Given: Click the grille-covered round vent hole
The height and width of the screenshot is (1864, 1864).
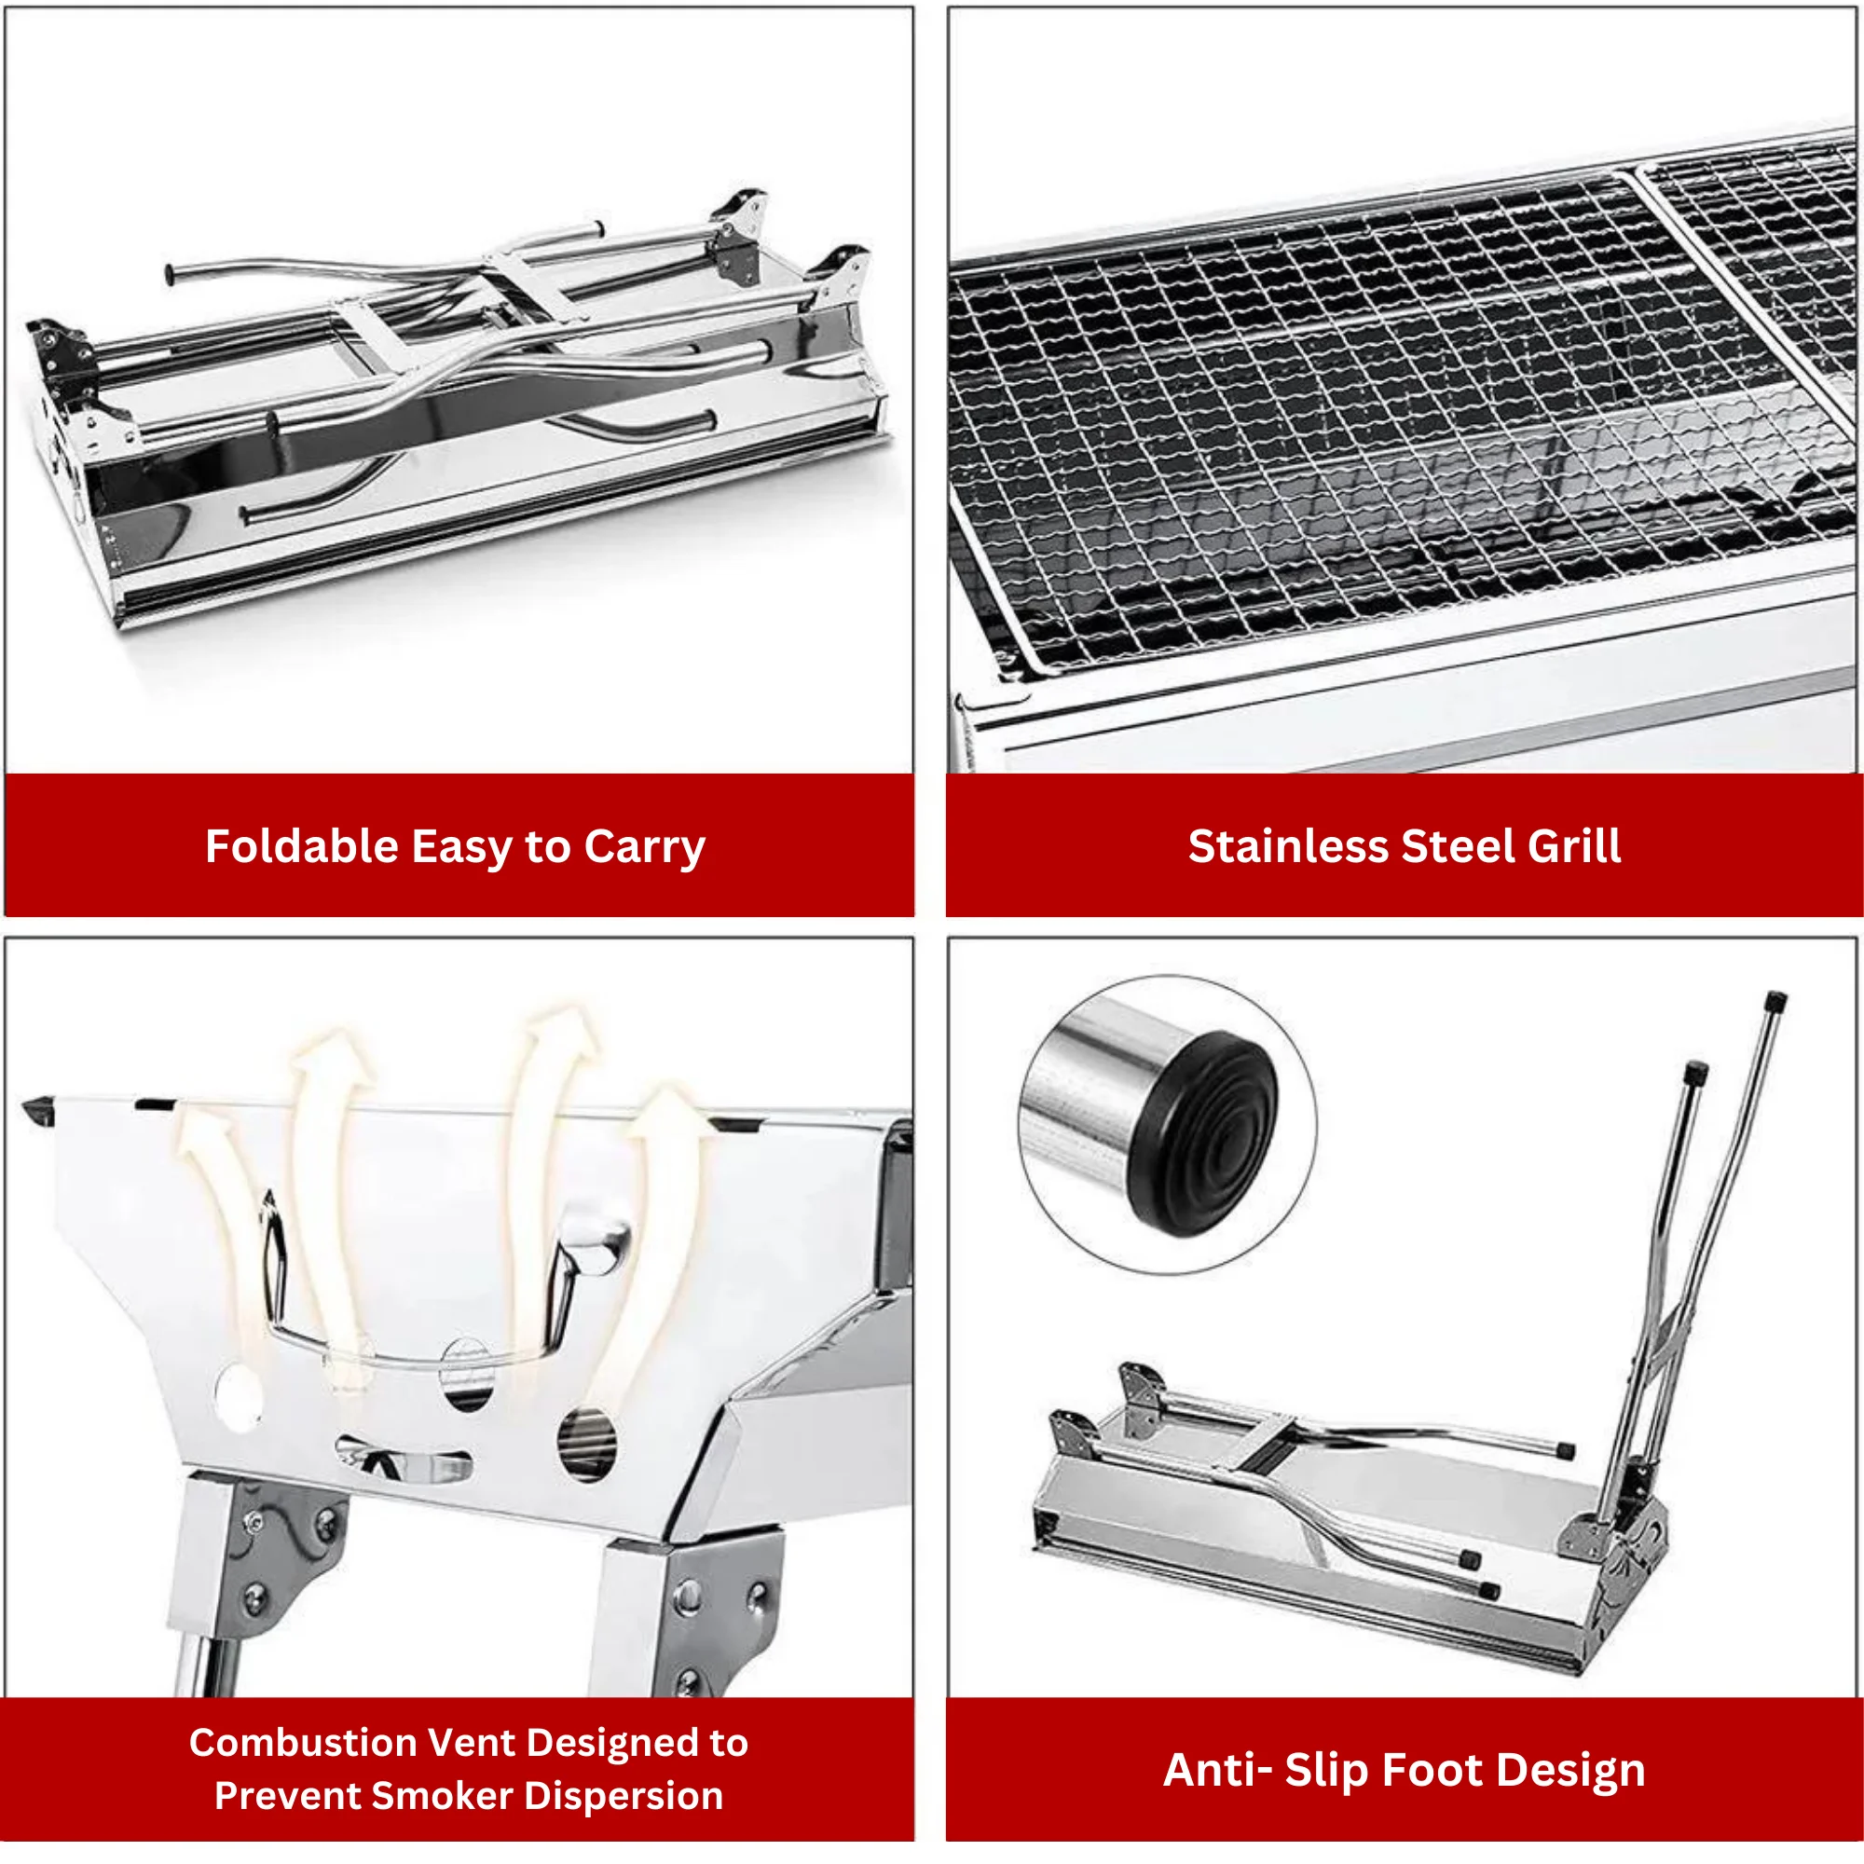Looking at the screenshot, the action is pos(586,1445).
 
